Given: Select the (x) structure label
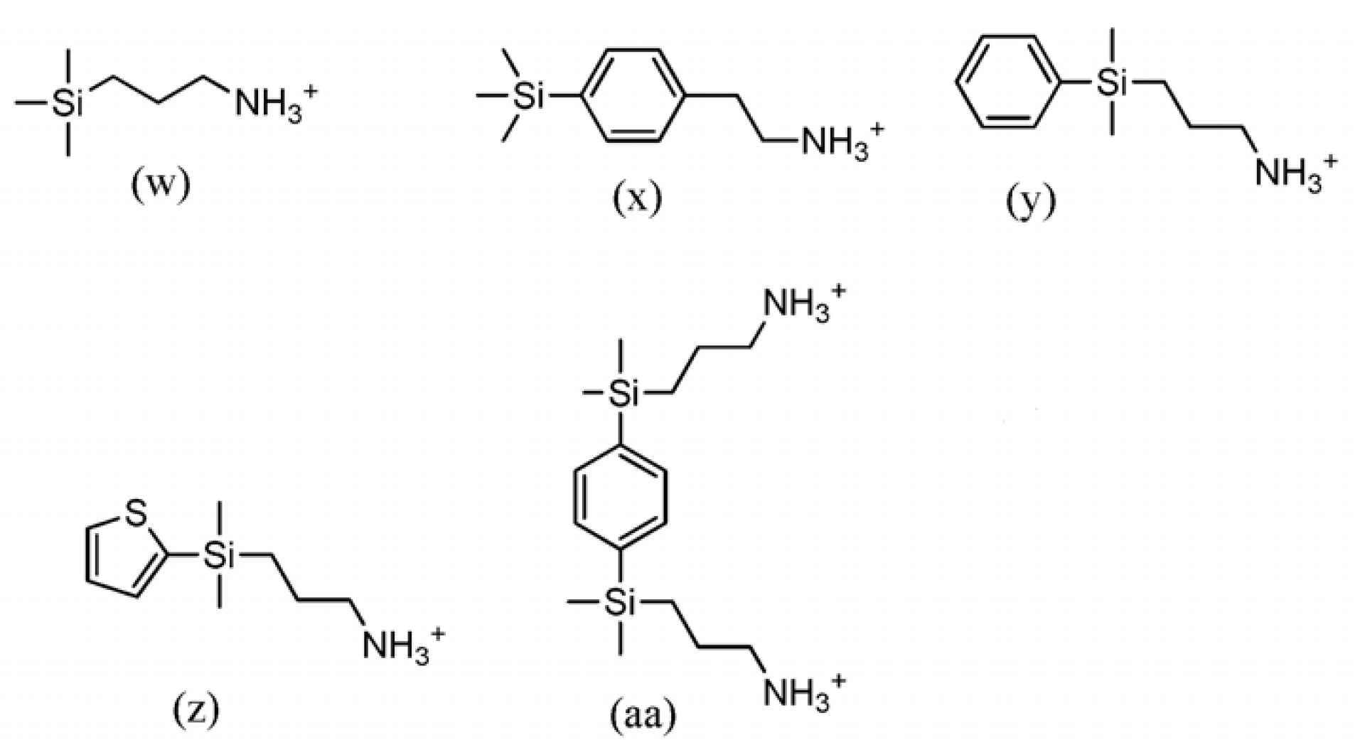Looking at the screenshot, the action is point(637,198).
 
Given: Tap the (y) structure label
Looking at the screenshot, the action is point(1031,201).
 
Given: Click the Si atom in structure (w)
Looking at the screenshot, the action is point(68,104).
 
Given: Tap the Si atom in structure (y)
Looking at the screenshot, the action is point(1112,82).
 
